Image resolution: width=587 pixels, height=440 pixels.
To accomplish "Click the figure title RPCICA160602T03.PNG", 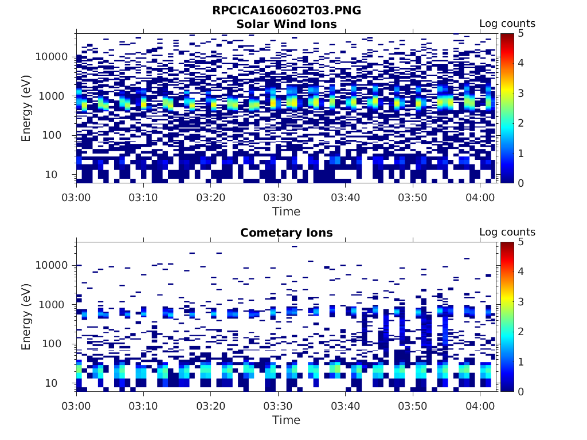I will (286, 11).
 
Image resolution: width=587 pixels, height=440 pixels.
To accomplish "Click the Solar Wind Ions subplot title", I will (286, 24).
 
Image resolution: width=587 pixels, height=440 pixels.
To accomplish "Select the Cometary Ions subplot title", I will (286, 233).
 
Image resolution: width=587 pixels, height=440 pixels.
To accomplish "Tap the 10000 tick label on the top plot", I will (52, 57).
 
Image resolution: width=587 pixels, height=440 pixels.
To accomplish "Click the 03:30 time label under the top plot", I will (278, 198).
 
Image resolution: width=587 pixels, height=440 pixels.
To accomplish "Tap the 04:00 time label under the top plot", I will (480, 198).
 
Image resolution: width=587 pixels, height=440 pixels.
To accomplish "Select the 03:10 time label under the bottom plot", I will (143, 406).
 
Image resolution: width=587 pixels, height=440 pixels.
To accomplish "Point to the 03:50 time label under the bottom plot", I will (413, 406).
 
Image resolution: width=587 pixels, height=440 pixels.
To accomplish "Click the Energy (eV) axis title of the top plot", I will (26, 108).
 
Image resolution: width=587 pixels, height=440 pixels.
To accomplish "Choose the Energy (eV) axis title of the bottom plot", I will (26, 317).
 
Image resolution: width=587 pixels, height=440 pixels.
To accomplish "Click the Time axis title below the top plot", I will (286, 211).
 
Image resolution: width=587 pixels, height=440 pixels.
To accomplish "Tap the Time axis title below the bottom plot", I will (286, 420).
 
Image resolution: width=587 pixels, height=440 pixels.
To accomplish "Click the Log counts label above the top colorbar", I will (507, 24).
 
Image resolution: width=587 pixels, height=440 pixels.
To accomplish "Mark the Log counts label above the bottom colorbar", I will (507, 233).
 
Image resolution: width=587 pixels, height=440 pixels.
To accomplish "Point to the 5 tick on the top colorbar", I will (521, 33).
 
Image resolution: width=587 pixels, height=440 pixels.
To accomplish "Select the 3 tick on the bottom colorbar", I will (521, 302).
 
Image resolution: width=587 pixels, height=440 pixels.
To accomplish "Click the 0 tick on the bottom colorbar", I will (521, 391).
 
